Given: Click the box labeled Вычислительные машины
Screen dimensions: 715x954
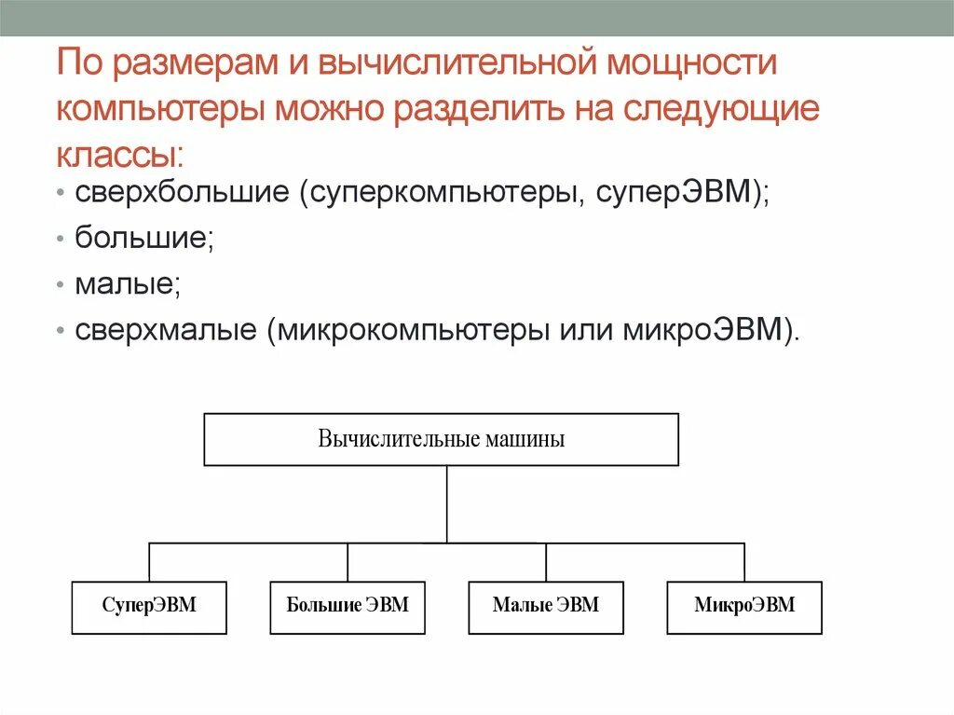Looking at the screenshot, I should [441, 439].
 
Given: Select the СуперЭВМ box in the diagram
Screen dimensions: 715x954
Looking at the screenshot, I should [149, 607].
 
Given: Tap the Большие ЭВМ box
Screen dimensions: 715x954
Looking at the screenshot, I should [348, 607].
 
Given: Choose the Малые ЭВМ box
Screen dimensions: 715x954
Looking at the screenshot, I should [546, 607].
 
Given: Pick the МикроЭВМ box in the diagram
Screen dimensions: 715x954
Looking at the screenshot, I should [744, 607].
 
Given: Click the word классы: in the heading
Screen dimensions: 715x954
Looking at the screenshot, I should [120, 153].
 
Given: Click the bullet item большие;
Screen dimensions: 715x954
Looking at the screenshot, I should [145, 238].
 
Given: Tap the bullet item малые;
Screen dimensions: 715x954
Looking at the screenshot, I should [129, 282].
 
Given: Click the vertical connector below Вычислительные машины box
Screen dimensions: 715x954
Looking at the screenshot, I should [447, 503].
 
